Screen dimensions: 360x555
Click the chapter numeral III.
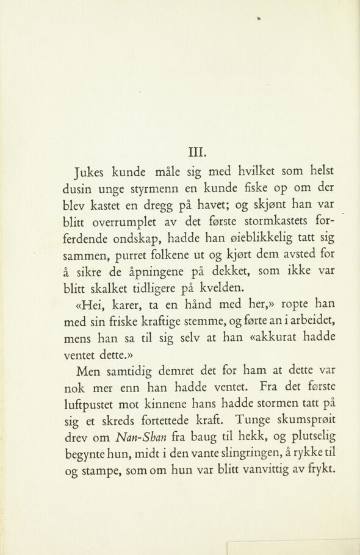click(x=199, y=148)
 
